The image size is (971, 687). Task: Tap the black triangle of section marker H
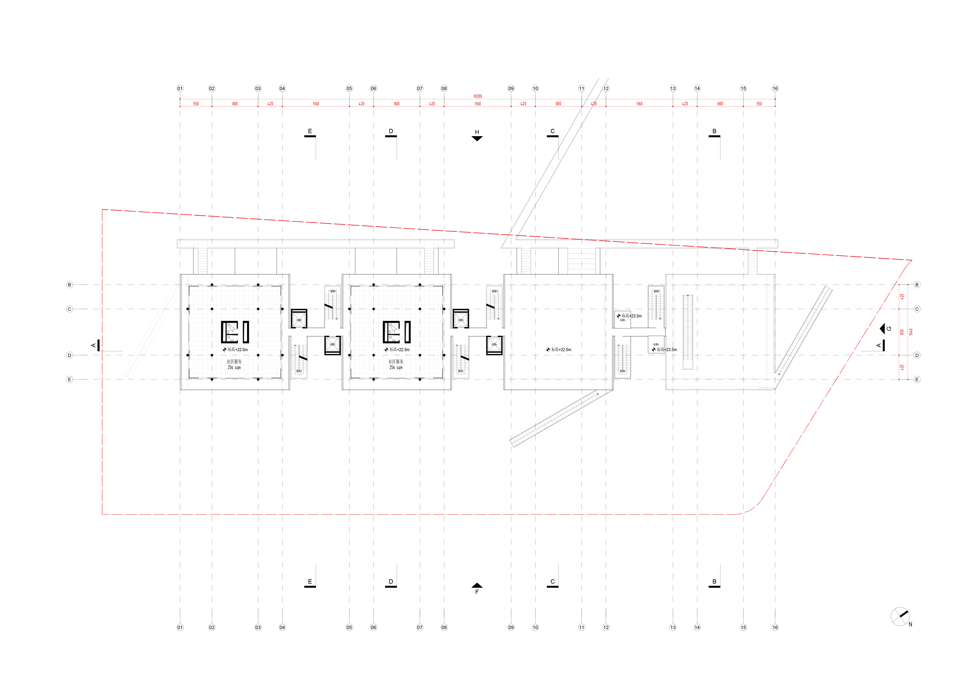[477, 138]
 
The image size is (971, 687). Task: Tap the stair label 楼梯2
[299, 371]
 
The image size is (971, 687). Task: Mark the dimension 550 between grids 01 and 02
[196, 104]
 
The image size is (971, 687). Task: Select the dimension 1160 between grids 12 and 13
[639, 104]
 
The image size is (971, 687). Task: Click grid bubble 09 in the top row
[511, 89]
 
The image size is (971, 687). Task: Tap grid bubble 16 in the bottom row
[775, 627]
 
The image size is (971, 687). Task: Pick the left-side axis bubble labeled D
[69, 355]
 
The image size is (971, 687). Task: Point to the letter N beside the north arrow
[910, 624]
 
